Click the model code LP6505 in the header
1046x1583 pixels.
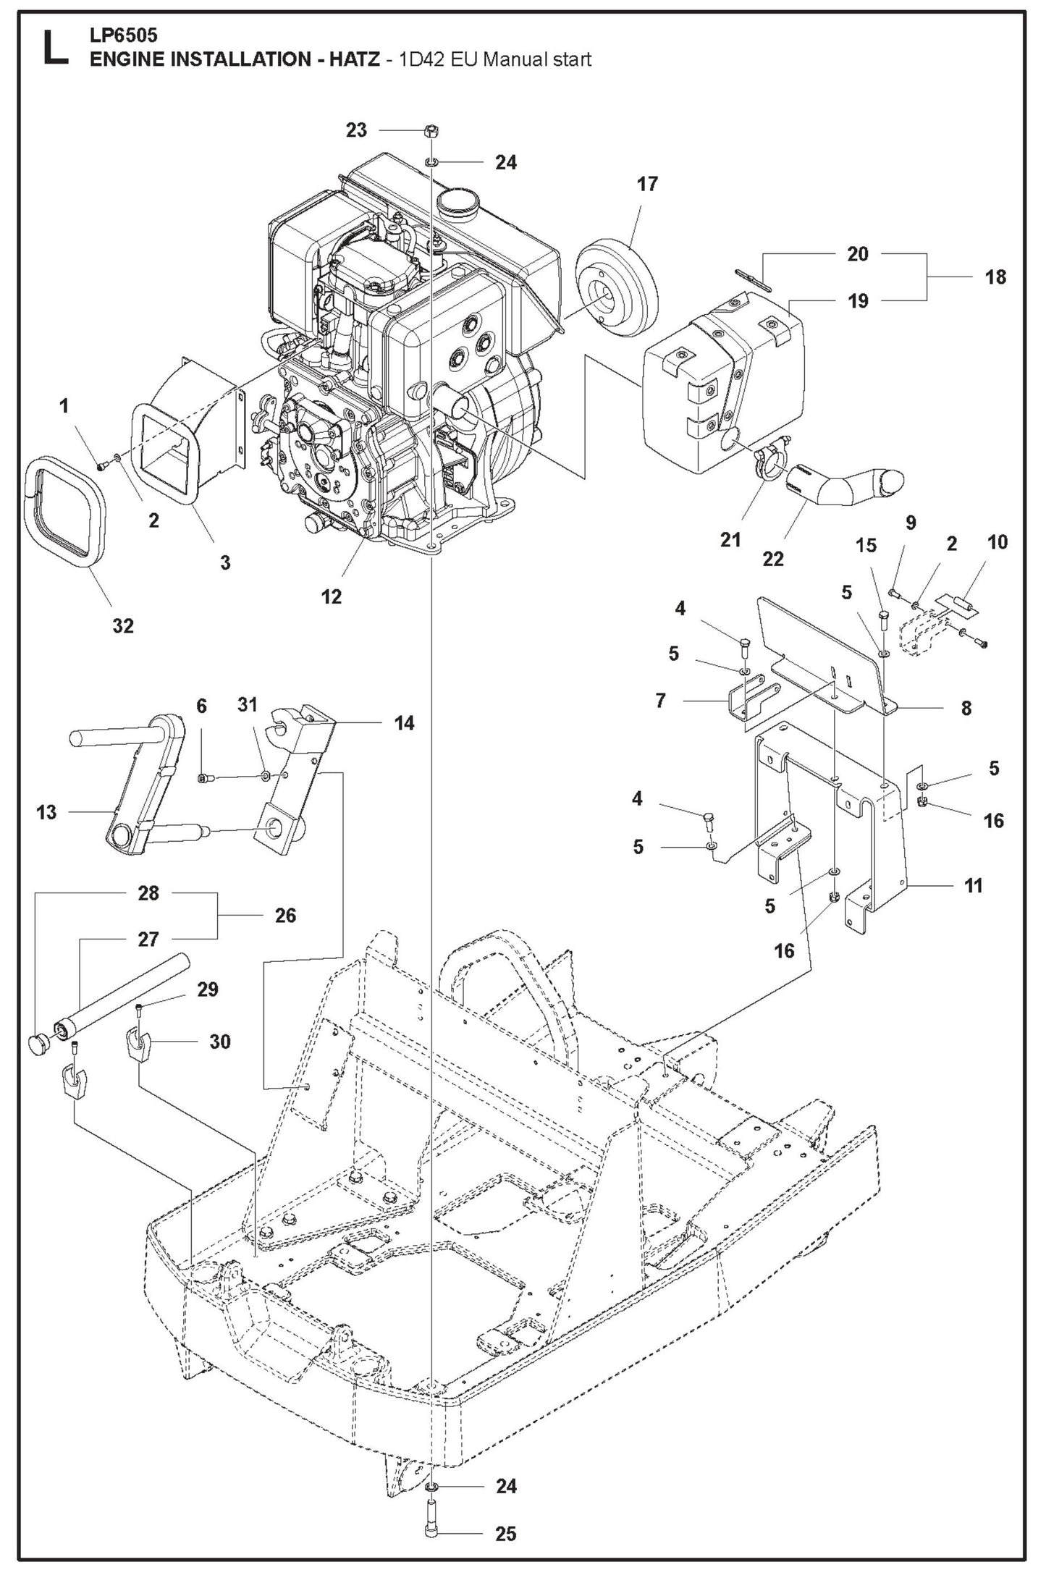(123, 35)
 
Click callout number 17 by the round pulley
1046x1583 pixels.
(647, 184)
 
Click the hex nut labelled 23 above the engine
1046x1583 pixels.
(429, 131)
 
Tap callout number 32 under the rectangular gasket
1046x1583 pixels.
(123, 625)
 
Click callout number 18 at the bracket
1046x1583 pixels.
(995, 277)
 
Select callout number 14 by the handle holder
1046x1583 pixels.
(404, 722)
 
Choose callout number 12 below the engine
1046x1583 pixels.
(331, 596)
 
